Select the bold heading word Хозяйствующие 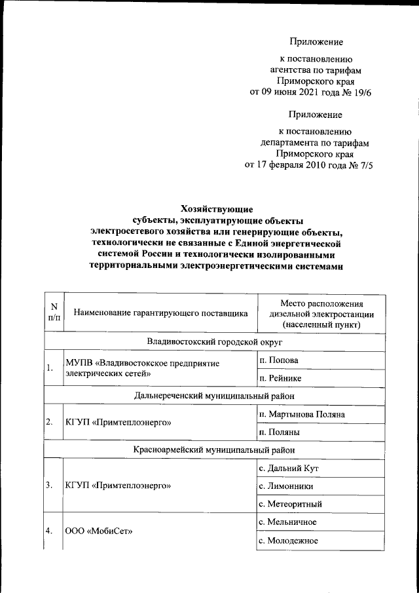216,209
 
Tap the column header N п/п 54,312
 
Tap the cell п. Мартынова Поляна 299,414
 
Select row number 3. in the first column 50,486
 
